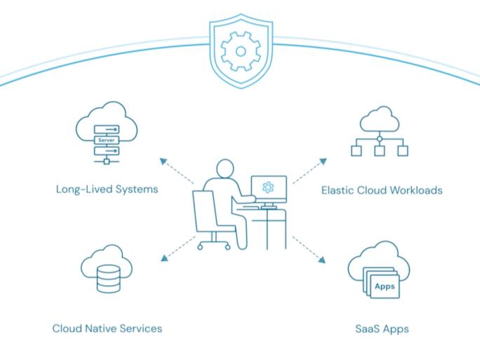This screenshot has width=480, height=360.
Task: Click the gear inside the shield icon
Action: tap(240, 50)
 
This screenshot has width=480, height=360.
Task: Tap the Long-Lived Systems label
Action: tap(107, 189)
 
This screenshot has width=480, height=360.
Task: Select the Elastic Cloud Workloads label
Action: tap(382, 189)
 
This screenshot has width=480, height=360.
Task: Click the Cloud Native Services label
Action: tap(107, 328)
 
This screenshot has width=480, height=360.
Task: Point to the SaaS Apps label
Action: tap(382, 328)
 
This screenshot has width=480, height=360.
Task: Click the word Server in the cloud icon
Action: tap(107, 140)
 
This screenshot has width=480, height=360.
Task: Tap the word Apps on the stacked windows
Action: tap(384, 286)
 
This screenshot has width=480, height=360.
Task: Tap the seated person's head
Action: tap(224, 169)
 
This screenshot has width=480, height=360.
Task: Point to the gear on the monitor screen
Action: tap(267, 187)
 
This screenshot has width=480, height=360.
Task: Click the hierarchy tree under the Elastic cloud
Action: tap(379, 145)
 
